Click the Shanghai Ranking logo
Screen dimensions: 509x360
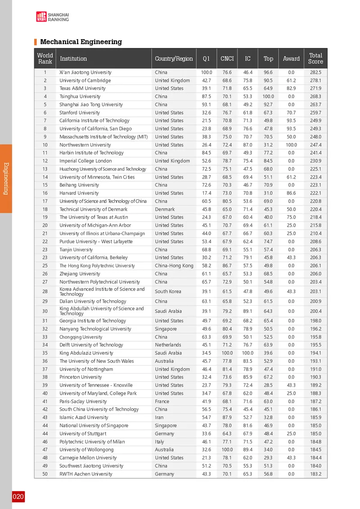[52, 17]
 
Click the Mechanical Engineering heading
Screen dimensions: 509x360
[81, 42]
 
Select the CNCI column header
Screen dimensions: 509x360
[227, 58]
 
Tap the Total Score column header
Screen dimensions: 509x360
[315, 58]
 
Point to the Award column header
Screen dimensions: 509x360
[291, 58]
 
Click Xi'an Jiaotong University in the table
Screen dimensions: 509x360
[85, 72]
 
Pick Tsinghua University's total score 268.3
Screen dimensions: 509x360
[315, 96]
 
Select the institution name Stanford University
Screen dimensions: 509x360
[80, 112]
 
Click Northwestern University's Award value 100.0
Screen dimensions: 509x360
[291, 145]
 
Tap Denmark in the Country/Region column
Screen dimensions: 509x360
[165, 209]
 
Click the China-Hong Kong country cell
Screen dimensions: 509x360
[174, 266]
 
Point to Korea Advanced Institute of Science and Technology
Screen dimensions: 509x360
[102, 291]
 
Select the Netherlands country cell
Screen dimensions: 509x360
[168, 345]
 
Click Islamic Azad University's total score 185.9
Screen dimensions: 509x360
[315, 417]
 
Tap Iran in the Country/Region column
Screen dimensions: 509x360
[159, 417]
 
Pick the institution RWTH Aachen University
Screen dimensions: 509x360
[85, 474]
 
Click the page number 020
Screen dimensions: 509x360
[18, 497]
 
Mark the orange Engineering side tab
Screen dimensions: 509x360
[5, 178]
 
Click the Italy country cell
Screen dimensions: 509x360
[160, 442]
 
